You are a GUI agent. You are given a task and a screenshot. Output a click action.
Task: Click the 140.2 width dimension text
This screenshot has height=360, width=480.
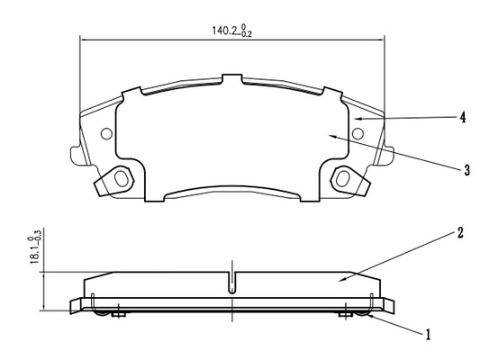[x=232, y=31]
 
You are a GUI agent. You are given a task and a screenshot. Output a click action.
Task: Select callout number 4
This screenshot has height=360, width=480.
[x=463, y=118]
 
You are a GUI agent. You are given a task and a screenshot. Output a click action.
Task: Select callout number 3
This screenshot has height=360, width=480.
[x=466, y=170]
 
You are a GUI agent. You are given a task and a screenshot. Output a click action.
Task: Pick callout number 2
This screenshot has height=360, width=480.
[x=460, y=233]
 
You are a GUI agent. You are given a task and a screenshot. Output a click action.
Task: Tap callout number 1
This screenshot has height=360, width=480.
[x=429, y=335]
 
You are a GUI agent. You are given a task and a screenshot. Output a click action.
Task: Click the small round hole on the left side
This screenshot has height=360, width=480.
[x=106, y=134]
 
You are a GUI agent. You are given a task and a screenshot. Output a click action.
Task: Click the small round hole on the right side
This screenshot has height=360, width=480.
[x=358, y=134]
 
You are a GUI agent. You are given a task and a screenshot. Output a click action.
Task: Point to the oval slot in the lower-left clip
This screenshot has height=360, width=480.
[x=122, y=178]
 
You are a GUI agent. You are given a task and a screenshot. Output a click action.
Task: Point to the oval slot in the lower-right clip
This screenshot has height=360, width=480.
[x=342, y=178]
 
